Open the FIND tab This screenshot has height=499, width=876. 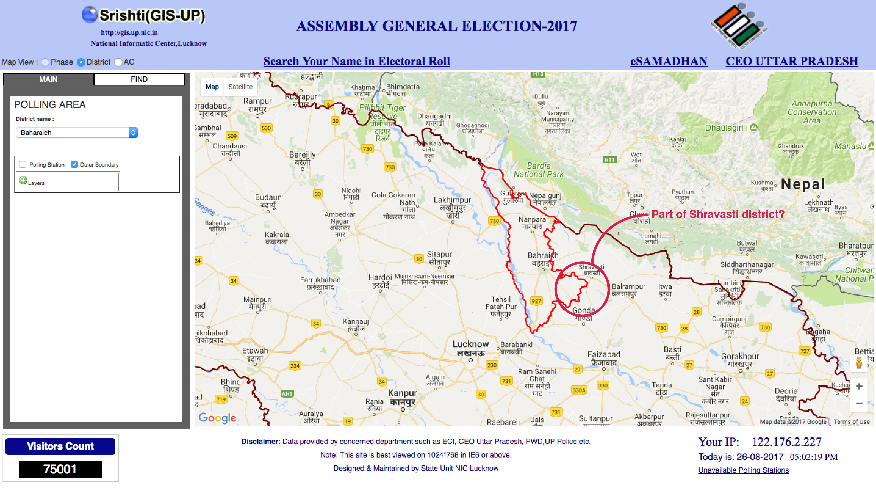click(139, 79)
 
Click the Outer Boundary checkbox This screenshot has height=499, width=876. click(74, 164)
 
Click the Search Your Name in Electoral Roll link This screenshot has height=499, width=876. click(356, 61)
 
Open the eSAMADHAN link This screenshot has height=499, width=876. click(669, 61)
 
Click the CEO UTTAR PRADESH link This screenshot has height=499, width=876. click(792, 61)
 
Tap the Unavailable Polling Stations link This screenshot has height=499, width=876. click(743, 470)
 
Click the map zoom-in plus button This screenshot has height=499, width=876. click(859, 387)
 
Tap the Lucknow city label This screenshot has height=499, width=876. click(471, 344)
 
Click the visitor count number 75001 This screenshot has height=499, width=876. click(60, 469)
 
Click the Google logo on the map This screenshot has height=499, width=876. click(217, 418)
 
